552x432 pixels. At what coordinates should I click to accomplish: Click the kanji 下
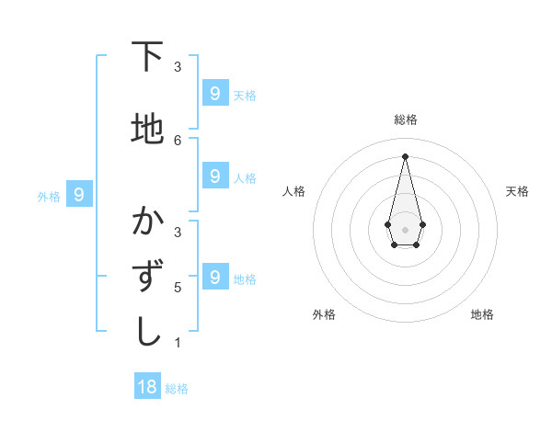tap(147, 57)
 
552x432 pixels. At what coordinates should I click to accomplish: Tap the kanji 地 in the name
tap(147, 130)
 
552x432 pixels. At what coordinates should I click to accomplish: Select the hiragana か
tap(147, 222)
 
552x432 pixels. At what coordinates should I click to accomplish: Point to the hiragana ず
tap(147, 277)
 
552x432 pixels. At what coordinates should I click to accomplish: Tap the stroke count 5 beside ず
tap(178, 287)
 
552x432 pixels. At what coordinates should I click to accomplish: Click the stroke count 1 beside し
tap(178, 343)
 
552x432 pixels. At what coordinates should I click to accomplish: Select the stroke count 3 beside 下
tap(178, 66)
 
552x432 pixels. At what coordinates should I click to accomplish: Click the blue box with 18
tap(147, 387)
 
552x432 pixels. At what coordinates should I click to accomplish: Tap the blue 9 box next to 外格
tap(79, 195)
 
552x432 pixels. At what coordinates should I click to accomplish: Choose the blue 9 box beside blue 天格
tap(214, 94)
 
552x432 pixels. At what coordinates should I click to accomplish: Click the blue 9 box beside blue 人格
tap(214, 176)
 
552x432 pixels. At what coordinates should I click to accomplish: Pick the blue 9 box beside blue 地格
tap(214, 277)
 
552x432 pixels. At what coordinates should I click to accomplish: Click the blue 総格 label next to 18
tap(177, 389)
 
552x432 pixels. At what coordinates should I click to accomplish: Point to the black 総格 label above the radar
tap(406, 119)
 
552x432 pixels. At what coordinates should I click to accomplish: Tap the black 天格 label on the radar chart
tap(517, 191)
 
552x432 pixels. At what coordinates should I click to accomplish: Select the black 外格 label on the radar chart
tap(324, 314)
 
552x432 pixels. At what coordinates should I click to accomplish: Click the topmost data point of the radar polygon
tap(405, 155)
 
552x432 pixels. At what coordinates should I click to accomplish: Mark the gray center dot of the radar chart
tap(405, 229)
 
